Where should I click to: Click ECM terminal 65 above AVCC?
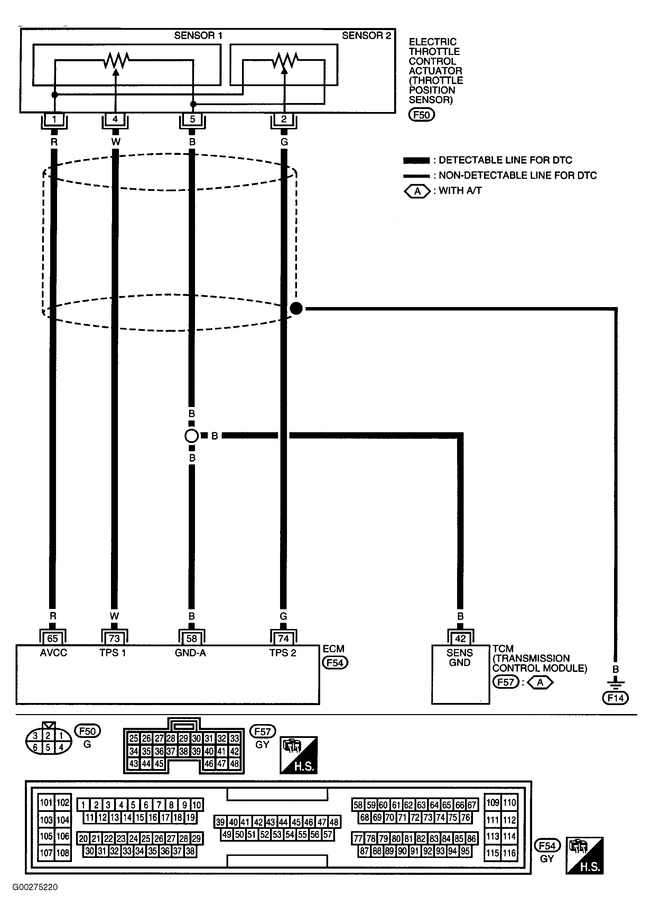click(53, 638)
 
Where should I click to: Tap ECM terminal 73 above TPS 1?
click(114, 638)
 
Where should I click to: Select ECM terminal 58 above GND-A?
click(192, 638)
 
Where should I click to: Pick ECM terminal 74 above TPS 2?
click(284, 638)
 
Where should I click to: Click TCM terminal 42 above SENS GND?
click(460, 638)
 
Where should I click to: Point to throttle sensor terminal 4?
click(115, 119)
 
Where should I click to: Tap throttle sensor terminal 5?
click(193, 119)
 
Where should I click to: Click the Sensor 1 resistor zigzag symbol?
click(116, 61)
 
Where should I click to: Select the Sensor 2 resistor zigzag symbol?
click(285, 61)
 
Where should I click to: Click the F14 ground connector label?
click(615, 698)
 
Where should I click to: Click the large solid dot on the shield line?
click(296, 308)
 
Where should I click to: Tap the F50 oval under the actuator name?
click(421, 115)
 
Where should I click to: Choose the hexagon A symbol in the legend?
click(417, 191)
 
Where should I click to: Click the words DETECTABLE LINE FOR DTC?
click(505, 160)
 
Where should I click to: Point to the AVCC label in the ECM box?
click(54, 653)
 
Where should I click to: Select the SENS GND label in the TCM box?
click(460, 658)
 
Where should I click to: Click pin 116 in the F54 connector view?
click(510, 853)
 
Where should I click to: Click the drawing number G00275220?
click(35, 887)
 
